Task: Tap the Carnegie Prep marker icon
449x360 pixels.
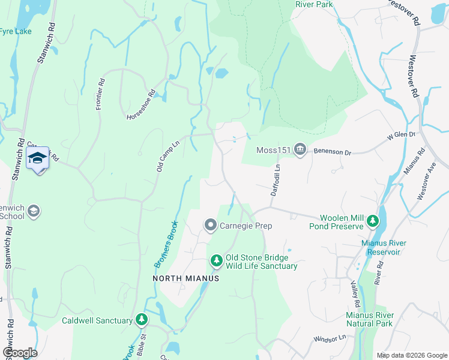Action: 210,226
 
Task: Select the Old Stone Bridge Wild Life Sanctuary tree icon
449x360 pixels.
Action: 216,260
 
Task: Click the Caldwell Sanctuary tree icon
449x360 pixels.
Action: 141,320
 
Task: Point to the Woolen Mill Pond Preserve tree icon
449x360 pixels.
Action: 373,221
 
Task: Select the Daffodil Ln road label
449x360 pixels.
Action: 275,180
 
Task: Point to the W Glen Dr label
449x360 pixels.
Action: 401,136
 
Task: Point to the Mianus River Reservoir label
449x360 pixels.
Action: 384,247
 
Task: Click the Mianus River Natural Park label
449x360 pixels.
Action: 370,319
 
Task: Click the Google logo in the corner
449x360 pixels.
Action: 20,353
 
